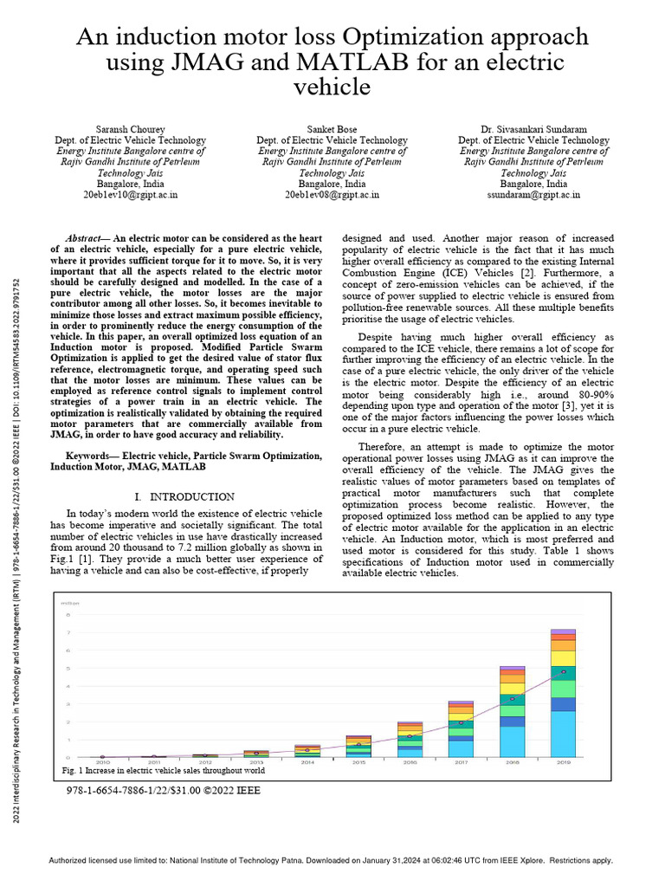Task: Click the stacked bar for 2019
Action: click(x=563, y=693)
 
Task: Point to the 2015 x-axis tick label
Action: click(x=358, y=762)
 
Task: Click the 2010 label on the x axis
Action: click(x=102, y=762)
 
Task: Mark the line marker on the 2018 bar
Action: click(x=512, y=698)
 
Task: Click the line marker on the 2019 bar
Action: click(x=563, y=671)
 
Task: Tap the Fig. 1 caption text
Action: click(x=164, y=770)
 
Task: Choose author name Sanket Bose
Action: click(x=332, y=128)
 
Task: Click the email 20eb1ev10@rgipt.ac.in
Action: click(x=131, y=195)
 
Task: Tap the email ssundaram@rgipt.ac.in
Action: click(x=533, y=195)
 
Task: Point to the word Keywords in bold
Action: click(x=91, y=455)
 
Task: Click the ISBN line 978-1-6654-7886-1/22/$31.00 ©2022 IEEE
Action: click(x=163, y=790)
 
